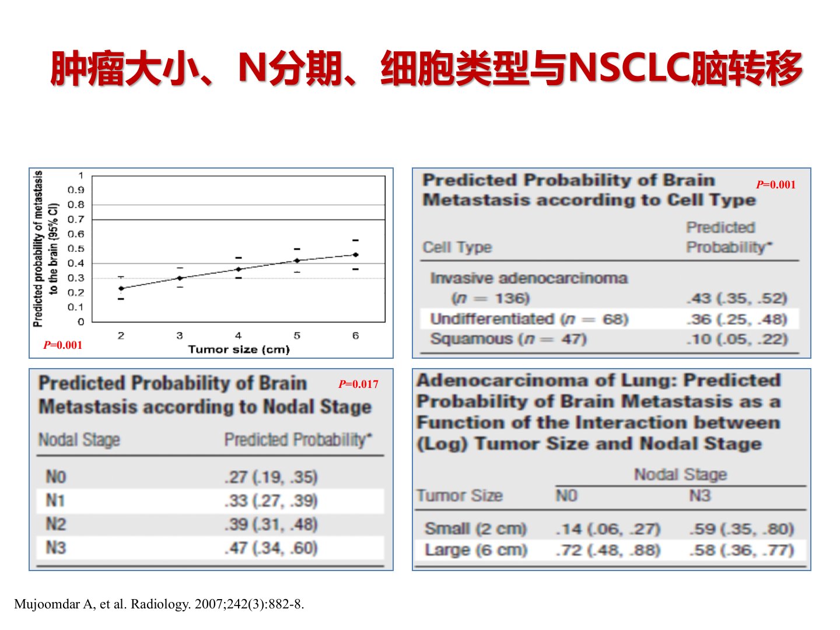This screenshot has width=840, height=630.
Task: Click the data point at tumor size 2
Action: (x=121, y=288)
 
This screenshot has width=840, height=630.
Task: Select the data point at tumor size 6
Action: (x=355, y=255)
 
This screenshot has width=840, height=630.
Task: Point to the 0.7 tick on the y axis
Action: (x=76, y=219)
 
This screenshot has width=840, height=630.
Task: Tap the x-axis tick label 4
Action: (x=238, y=335)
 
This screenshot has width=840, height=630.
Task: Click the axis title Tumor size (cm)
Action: (x=239, y=349)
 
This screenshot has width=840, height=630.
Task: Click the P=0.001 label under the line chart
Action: (x=63, y=345)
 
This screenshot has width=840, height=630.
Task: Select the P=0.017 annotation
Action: (x=358, y=384)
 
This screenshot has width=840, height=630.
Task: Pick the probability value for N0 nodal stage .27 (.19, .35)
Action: (x=271, y=477)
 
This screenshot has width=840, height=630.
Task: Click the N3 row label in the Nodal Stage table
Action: (x=56, y=548)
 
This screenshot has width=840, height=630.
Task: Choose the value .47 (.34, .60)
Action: (x=271, y=548)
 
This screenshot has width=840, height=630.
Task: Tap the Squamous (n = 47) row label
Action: (x=508, y=339)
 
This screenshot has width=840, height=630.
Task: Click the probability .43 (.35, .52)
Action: (x=737, y=298)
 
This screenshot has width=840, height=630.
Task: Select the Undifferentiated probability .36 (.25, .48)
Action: (x=737, y=319)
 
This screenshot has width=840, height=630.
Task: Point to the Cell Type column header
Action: (x=457, y=247)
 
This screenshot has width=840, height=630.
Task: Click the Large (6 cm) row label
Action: (x=476, y=550)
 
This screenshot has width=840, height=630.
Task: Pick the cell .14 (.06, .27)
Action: (x=608, y=529)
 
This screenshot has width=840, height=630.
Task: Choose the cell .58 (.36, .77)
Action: (x=741, y=550)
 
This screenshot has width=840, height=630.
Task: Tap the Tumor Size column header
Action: (x=460, y=496)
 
